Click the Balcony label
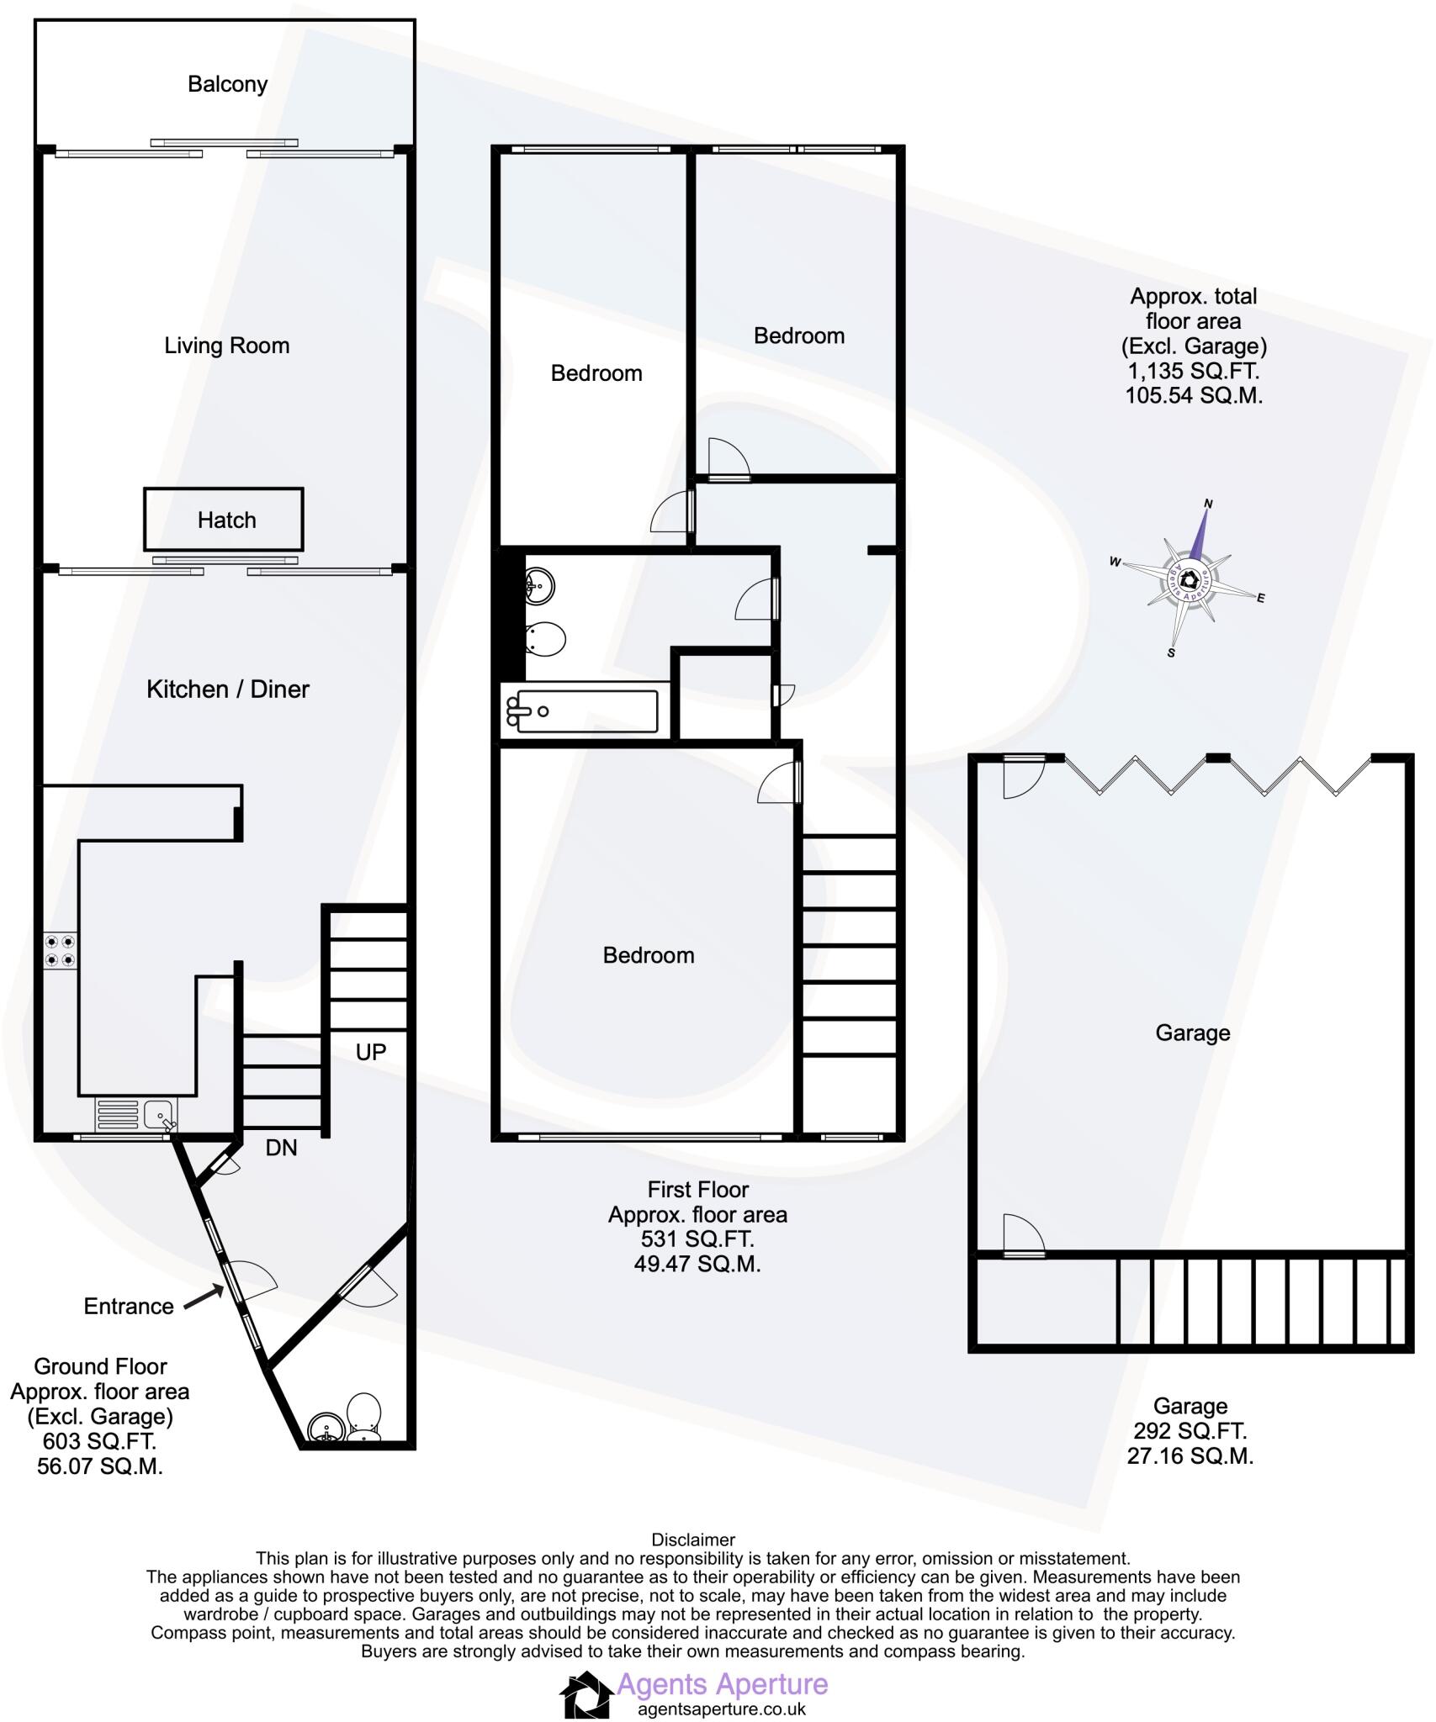coord(227,84)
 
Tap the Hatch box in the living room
coord(223,520)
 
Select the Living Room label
coord(226,346)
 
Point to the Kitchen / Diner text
coord(228,689)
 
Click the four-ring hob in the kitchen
coord(61,950)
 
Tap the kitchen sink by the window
coord(159,1116)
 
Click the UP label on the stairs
coord(371,1052)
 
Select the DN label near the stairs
coord(281,1148)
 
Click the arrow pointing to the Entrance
coord(202,1299)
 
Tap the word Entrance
coord(129,1306)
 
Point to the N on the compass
coord(1209,504)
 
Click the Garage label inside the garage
coord(1192,1033)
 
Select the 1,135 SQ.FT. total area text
coord(1193,371)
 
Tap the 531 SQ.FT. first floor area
coord(697,1239)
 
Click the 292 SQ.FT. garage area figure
coord(1190,1430)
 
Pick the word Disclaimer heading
coord(693,1540)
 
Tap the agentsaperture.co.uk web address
coord(722,1709)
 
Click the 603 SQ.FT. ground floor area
coord(99,1441)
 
